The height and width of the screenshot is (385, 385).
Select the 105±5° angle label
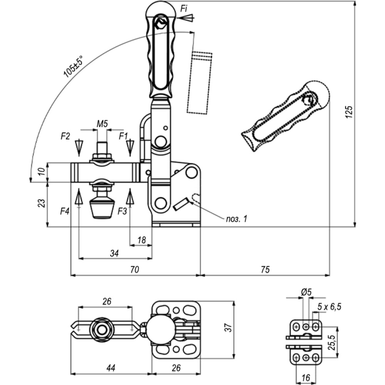pyautogui.click(x=73, y=67)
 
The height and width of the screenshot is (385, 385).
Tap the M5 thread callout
pyautogui.click(x=102, y=124)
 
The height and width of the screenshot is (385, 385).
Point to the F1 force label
pyautogui.click(x=123, y=136)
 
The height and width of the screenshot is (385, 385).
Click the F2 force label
pyautogui.click(x=65, y=136)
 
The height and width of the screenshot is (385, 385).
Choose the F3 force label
pyautogui.click(x=122, y=211)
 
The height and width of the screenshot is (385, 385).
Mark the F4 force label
pyautogui.click(x=65, y=211)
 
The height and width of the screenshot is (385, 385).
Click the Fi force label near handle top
pyautogui.click(x=184, y=9)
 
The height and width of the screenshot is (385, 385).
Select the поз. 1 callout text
pyautogui.click(x=237, y=219)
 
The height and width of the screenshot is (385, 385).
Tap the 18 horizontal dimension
pyautogui.click(x=142, y=240)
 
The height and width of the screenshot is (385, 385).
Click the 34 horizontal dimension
pyautogui.click(x=114, y=253)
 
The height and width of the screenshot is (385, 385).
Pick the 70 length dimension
pyautogui.click(x=134, y=269)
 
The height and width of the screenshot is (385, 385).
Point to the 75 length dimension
pyautogui.click(x=265, y=269)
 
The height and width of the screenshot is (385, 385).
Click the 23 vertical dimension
pyautogui.click(x=42, y=203)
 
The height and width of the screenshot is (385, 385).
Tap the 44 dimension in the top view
pyautogui.click(x=111, y=368)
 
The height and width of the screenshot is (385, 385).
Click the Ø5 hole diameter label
pyautogui.click(x=306, y=292)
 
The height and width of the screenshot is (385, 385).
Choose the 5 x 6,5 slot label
pyautogui.click(x=329, y=306)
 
